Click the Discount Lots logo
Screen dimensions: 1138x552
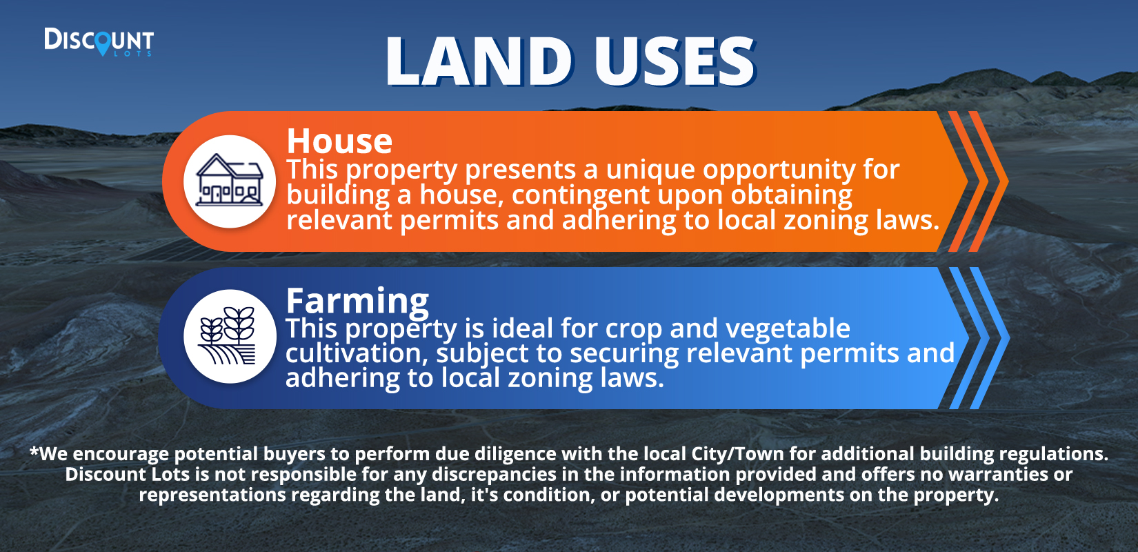99,41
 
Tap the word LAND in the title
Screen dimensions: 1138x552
479,62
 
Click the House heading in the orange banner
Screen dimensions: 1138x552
339,141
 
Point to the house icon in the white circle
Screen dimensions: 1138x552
230,180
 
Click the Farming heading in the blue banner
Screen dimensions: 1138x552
358,301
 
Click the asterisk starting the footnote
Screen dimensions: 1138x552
34,451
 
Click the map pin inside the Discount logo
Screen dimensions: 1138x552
103,43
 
